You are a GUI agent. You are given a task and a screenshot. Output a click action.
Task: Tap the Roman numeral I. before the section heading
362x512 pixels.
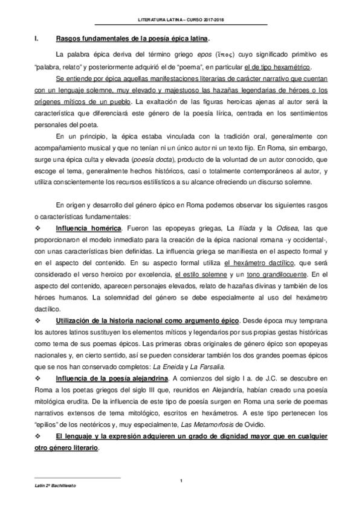pyautogui.click(x=37, y=39)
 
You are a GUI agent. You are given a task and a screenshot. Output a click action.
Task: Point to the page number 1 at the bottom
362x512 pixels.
pyautogui.click(x=181, y=479)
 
